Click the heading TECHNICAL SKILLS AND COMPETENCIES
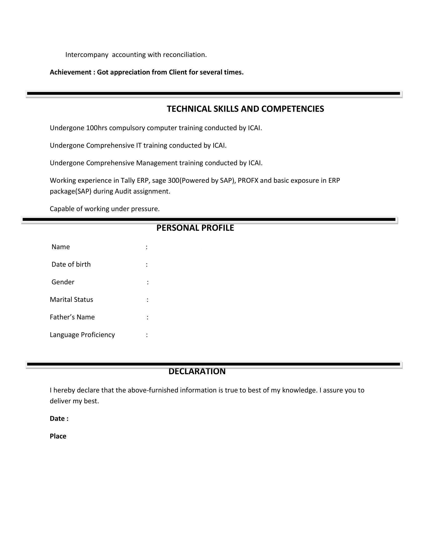[245, 109]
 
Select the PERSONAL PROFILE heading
[195, 228]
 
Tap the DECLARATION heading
[197, 371]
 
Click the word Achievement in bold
[70, 72]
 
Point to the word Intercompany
[87, 55]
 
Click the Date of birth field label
[71, 265]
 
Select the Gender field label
[63, 282]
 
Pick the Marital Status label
[71, 300]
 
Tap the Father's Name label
[72, 317]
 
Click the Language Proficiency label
[82, 335]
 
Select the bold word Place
[58, 436]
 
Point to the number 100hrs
[97, 128]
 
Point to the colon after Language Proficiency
[147, 335]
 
